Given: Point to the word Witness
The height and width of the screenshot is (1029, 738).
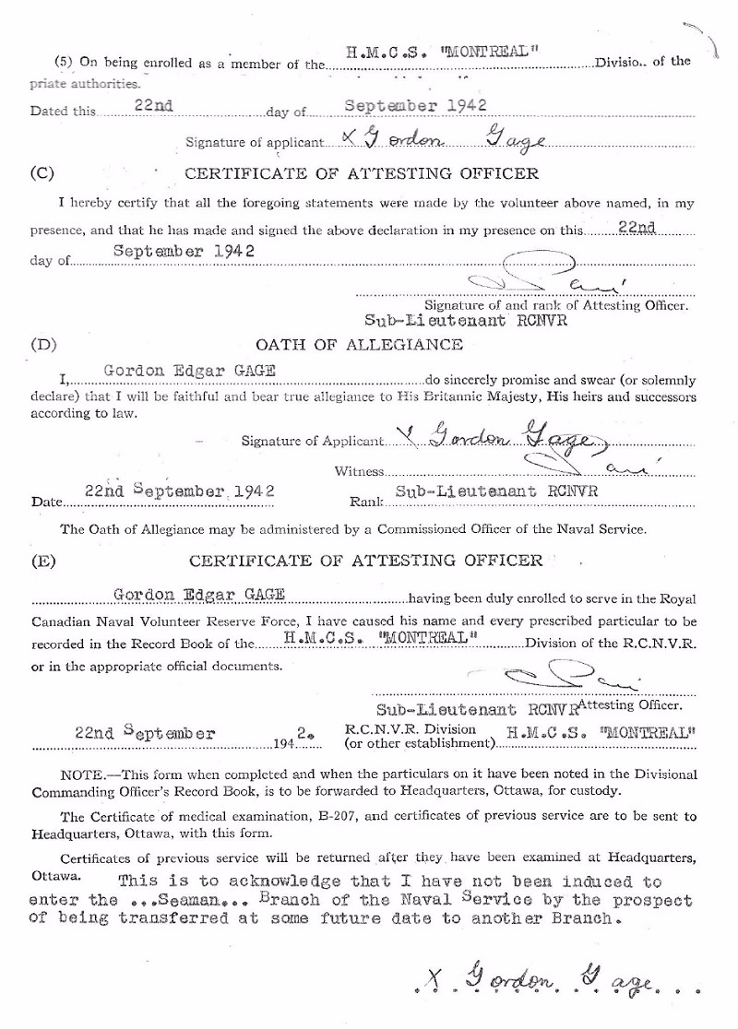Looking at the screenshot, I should (x=358, y=471).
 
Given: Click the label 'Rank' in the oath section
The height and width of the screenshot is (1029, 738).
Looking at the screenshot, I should (x=364, y=503).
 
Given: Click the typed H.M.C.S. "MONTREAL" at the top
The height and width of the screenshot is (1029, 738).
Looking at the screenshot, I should (x=442, y=53).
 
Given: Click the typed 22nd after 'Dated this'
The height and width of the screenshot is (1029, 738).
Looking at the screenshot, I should (x=154, y=107).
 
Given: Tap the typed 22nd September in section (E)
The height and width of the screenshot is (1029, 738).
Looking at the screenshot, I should (x=146, y=734).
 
